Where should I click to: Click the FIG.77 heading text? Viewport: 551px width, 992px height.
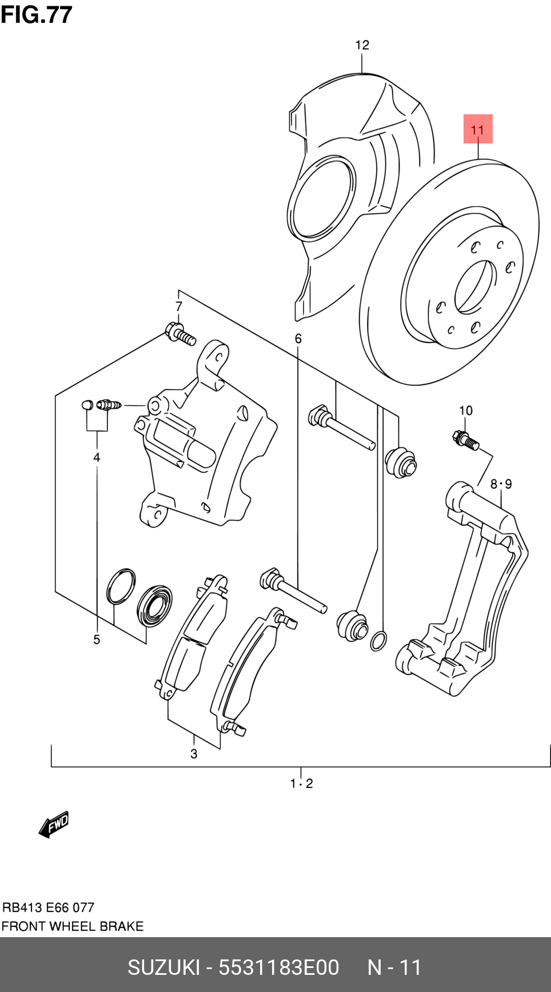[37, 14]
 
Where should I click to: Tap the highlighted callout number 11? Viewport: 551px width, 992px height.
[477, 130]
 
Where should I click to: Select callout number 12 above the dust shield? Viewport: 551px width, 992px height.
[362, 45]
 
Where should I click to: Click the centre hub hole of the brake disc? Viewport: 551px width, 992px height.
[474, 287]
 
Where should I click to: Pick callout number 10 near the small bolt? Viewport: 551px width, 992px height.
[465, 410]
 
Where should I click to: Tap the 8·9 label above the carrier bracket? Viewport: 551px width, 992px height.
[501, 484]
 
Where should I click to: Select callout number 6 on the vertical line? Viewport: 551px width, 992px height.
[298, 339]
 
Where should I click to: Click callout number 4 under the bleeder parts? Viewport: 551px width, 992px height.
[97, 457]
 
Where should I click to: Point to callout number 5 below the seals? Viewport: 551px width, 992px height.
[97, 639]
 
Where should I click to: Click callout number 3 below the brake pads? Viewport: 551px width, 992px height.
[194, 754]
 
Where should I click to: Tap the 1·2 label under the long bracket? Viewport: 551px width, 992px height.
[301, 783]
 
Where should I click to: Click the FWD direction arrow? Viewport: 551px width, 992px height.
[54, 825]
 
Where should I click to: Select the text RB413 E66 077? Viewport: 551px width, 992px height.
[48, 907]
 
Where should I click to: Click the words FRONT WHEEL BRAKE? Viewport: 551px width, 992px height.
[72, 926]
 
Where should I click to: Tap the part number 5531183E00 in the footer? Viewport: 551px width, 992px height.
[278, 967]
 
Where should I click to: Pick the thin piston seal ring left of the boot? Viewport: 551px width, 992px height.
[121, 586]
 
